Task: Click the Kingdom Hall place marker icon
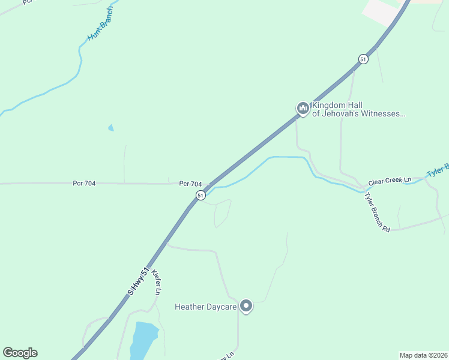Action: (303, 108)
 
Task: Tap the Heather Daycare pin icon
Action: (246, 306)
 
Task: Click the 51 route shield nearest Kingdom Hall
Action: (363, 59)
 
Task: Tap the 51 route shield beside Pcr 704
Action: (200, 195)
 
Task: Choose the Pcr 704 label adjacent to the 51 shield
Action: (190, 184)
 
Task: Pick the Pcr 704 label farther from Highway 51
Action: (84, 184)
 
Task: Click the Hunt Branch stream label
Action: (100, 27)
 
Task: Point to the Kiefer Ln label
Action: (157, 282)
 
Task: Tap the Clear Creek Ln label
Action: (390, 181)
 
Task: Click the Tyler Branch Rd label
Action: (378, 212)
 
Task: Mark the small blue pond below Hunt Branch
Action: (110, 128)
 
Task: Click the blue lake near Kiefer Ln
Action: (143, 339)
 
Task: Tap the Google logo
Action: (20, 353)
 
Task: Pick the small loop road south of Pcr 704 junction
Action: (222, 214)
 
